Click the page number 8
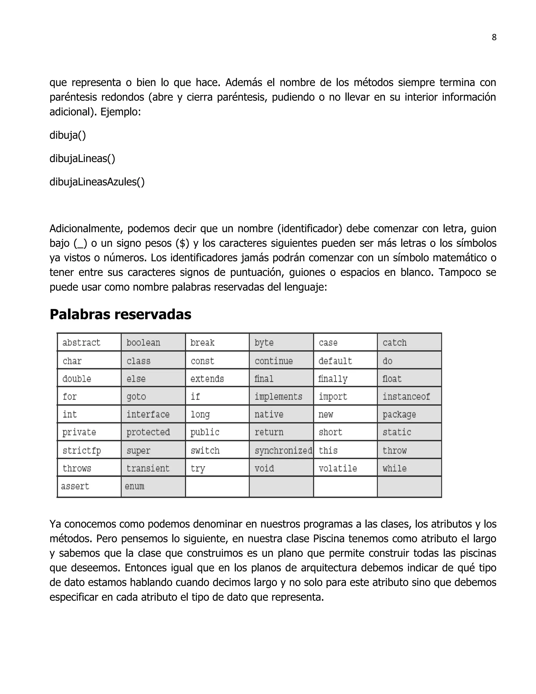(494, 37)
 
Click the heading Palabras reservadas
(120, 314)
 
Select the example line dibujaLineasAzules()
(97, 182)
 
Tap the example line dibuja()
(68, 135)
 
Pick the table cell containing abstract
(81, 343)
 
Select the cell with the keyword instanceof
(406, 396)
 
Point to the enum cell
(135, 486)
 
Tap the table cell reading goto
(136, 396)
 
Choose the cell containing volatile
(338, 469)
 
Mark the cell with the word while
(394, 469)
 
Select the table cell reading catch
(394, 343)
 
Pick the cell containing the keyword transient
(148, 469)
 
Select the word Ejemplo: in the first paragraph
(121, 112)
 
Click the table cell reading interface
(148, 414)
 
